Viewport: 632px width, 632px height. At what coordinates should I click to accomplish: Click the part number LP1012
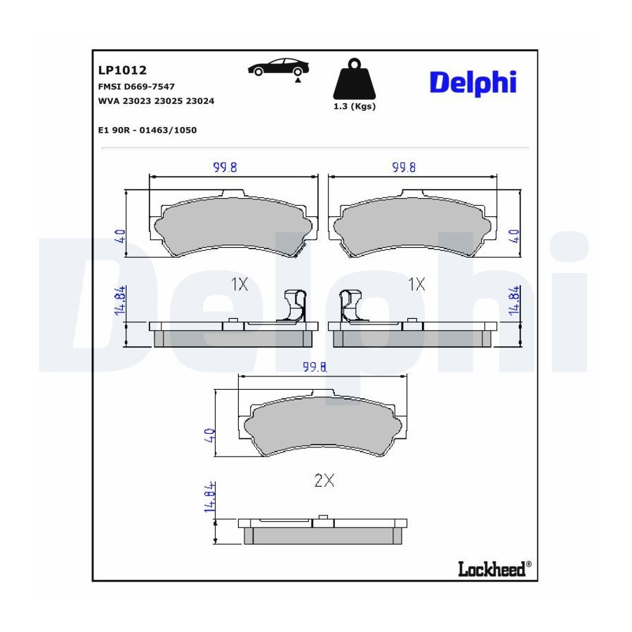[122, 70]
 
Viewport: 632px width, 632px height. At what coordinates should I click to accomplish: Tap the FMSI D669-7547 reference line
[136, 86]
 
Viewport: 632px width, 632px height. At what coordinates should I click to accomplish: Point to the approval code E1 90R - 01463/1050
[147, 130]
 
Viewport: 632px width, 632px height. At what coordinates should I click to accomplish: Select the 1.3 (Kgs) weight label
[355, 107]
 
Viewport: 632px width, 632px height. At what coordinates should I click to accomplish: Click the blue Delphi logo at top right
[473, 83]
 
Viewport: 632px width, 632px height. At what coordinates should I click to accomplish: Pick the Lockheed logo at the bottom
[494, 569]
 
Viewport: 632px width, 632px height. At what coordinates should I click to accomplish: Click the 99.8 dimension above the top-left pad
[225, 167]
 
